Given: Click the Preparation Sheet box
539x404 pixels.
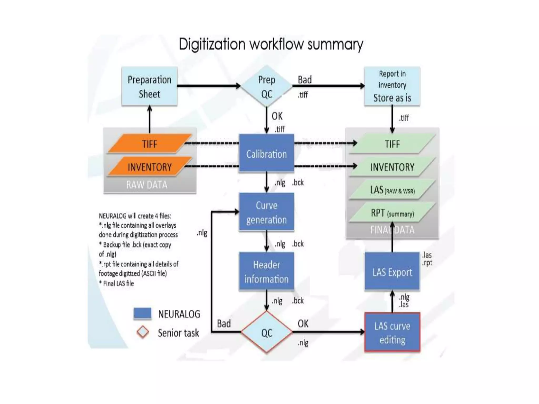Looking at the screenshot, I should (x=149, y=86).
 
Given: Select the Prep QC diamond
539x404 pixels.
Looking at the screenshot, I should (x=266, y=86).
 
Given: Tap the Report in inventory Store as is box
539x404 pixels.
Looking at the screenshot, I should (x=392, y=86).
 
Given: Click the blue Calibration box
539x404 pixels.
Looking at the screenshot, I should (x=266, y=153).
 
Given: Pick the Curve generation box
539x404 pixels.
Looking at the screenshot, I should (x=266, y=212).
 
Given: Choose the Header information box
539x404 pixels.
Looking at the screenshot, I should (x=266, y=271).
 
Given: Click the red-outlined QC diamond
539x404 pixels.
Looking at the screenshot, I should (x=266, y=332).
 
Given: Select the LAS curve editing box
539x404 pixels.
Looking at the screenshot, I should (x=392, y=332).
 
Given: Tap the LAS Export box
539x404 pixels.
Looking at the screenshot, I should (x=392, y=271).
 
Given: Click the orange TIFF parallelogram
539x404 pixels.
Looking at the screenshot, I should (x=149, y=144).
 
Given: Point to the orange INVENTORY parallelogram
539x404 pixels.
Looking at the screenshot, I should (x=149, y=167).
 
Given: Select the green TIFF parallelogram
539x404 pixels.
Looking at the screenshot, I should (x=392, y=144).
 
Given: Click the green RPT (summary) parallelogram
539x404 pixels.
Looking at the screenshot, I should (x=392, y=213).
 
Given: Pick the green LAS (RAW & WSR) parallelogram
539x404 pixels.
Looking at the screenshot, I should (x=392, y=190).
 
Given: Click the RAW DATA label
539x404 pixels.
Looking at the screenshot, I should (x=147, y=185).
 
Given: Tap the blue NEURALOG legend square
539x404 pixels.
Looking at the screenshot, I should (x=142, y=314).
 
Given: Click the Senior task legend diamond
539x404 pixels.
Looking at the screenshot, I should (x=143, y=332).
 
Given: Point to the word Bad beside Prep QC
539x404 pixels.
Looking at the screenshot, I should (x=305, y=79).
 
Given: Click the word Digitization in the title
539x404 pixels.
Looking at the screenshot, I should (x=212, y=44).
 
